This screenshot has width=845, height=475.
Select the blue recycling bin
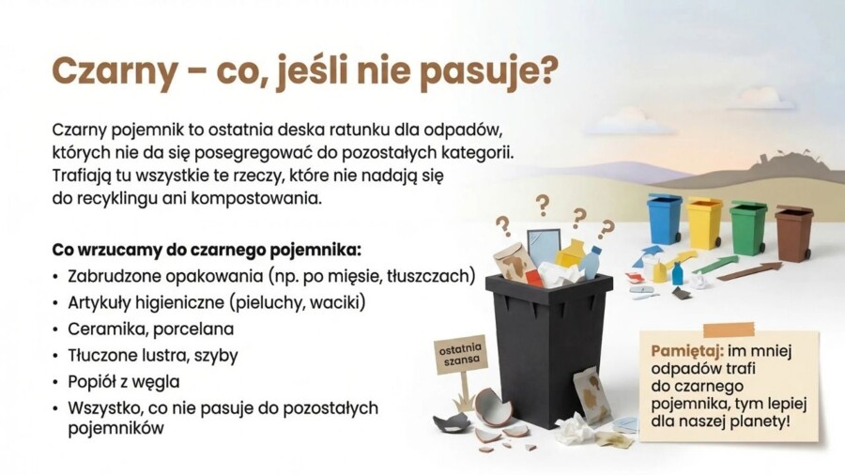tap(665, 220)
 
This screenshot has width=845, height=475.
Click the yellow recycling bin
tap(704, 222)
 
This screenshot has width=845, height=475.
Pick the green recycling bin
tap(748, 227)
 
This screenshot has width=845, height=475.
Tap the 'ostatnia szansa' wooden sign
tap(461, 355)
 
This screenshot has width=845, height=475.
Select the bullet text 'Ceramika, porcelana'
tap(150, 329)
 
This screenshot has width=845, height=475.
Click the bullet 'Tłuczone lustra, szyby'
tap(152, 355)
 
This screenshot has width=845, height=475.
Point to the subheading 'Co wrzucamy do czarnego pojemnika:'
tap(207, 250)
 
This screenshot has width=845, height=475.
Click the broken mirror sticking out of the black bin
tap(543, 245)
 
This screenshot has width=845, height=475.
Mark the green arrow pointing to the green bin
tap(715, 265)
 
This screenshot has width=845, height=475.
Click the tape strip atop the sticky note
tap(729, 329)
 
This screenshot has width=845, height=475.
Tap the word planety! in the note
tap(759, 421)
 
